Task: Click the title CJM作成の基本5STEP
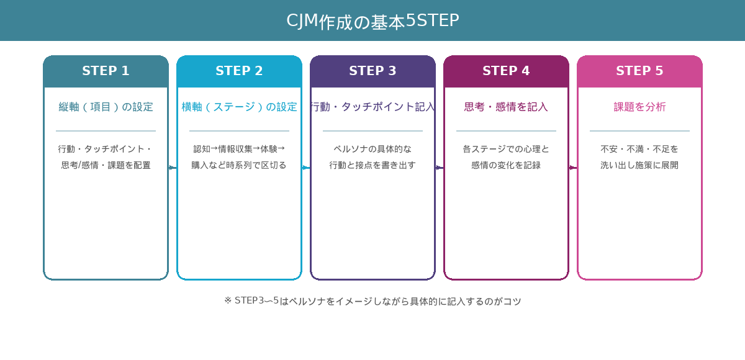[372, 21]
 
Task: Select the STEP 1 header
[106, 71]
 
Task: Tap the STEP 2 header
[239, 71]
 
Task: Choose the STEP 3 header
[372, 71]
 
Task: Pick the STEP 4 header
[506, 71]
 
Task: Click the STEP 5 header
[639, 71]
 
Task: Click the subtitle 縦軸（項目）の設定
[106, 107]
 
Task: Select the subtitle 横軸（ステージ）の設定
[239, 107]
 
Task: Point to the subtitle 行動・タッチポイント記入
[372, 107]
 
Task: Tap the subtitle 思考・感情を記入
[506, 107]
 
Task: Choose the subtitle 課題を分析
[639, 107]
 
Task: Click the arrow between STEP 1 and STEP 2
[173, 168]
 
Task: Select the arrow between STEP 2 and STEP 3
[306, 168]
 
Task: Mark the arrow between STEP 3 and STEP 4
[440, 168]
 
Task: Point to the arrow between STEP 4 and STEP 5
[573, 168]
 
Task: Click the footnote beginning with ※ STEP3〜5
[372, 301]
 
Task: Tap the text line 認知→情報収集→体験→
[239, 149]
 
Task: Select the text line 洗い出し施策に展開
[639, 165]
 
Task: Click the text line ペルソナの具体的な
[372, 149]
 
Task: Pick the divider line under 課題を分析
[639, 131]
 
